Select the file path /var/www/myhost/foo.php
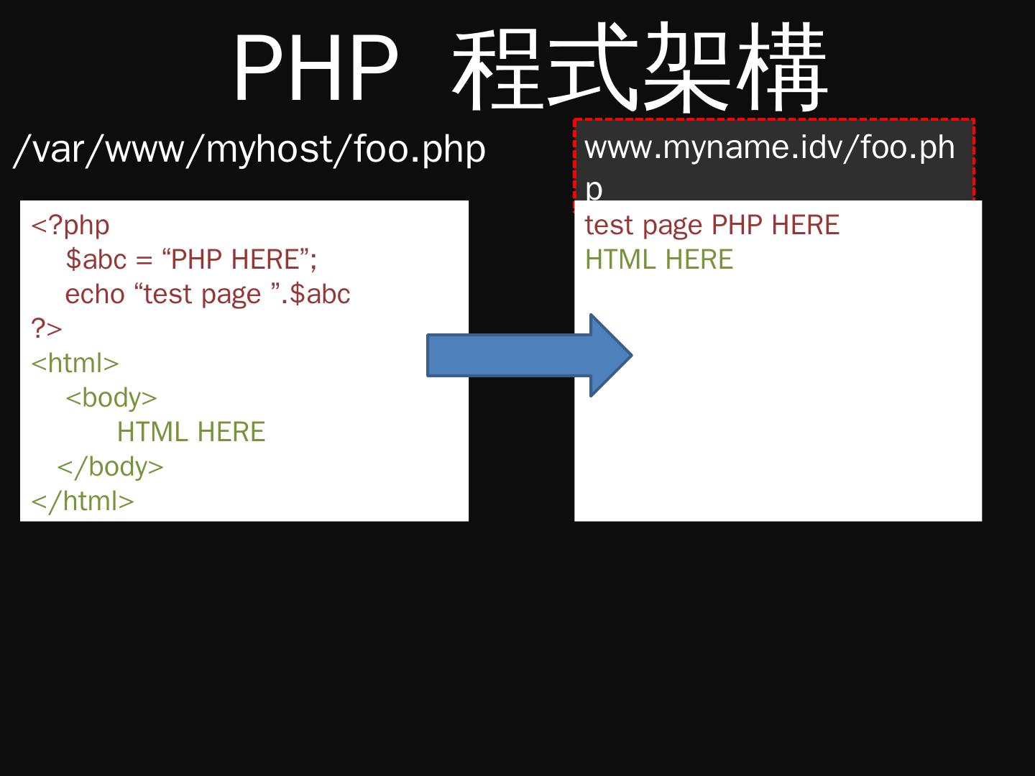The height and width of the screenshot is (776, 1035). point(249,149)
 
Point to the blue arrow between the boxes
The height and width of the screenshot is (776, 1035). point(529,355)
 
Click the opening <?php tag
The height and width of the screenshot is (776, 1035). point(70,225)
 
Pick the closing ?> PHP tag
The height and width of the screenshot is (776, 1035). point(47,328)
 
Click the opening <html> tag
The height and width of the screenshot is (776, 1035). point(75,363)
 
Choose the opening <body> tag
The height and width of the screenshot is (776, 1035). point(111,397)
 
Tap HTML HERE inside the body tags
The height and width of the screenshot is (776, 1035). point(191,432)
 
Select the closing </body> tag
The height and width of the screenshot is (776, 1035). point(111,466)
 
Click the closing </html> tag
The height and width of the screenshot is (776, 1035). point(83,501)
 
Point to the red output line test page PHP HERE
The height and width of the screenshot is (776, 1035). point(712,225)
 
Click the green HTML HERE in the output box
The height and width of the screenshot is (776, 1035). point(659,259)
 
